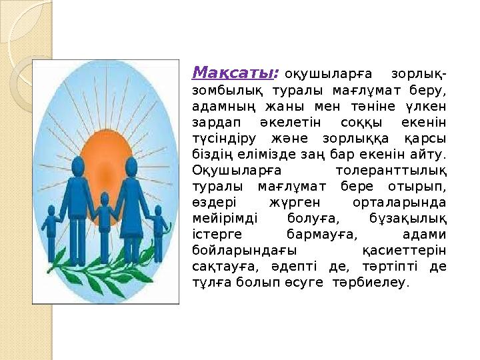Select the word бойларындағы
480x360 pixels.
234,251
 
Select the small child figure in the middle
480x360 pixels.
104,223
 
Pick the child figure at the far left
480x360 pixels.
52,230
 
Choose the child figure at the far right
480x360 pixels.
159,230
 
